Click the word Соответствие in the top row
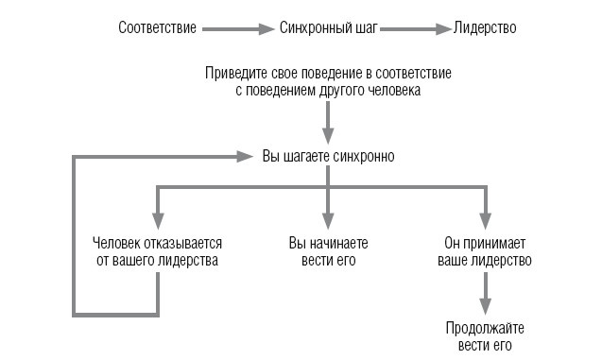158,29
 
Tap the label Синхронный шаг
329,29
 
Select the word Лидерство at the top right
485,29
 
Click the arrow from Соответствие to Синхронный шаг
238,29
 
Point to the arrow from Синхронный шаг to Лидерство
415,29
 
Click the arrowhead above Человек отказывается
156,216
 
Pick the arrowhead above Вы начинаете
327,216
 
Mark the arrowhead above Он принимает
485,216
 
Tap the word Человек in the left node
119,243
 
